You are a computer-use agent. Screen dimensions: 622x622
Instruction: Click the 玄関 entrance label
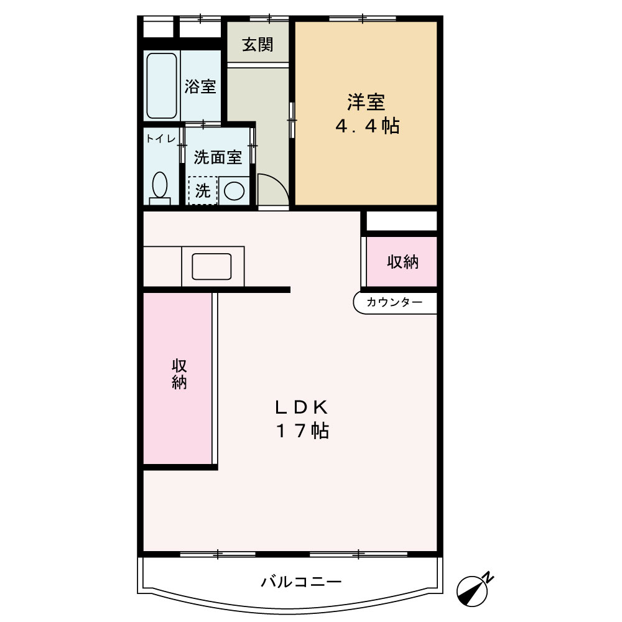coord(258,45)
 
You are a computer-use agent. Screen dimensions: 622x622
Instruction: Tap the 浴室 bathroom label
coord(200,86)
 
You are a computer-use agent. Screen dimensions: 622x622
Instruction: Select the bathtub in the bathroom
coord(162,86)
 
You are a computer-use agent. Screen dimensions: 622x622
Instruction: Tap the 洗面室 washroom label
coord(217,157)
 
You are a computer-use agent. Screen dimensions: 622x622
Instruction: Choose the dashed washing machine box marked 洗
coord(203,191)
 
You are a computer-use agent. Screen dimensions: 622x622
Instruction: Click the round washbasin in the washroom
coord(234,191)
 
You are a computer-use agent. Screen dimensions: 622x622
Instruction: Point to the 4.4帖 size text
coord(367,126)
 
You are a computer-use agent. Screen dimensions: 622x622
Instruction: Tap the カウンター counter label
coord(394,302)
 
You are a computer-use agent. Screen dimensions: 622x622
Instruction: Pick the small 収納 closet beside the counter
coord(402,262)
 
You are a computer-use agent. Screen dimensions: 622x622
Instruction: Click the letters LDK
coord(301,407)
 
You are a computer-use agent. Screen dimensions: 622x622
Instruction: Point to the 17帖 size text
coord(302,430)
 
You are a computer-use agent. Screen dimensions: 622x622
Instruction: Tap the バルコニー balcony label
coord(301,583)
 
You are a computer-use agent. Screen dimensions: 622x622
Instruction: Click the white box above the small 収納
coord(401,221)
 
